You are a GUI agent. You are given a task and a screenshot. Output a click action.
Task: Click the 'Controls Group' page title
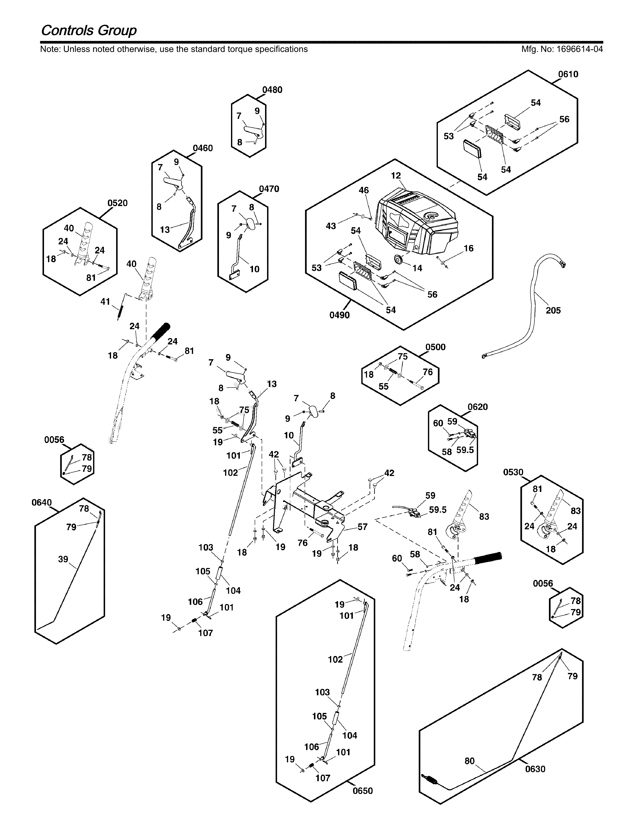click(89, 30)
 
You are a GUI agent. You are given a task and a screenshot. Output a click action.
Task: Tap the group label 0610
click(568, 74)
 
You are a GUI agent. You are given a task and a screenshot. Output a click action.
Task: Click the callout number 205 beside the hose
click(553, 310)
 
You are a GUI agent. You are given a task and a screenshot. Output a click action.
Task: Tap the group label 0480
click(272, 90)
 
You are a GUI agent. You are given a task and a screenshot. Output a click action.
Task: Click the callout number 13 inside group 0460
click(165, 230)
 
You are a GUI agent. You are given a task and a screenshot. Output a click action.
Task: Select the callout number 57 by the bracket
click(363, 527)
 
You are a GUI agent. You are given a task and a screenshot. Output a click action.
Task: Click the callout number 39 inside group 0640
click(63, 559)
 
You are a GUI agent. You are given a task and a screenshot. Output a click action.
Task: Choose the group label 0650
click(363, 791)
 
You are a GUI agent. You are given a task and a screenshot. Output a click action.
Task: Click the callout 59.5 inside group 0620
click(465, 450)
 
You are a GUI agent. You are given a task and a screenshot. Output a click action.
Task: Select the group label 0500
click(435, 347)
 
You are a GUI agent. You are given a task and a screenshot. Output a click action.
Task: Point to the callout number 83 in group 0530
click(575, 511)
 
